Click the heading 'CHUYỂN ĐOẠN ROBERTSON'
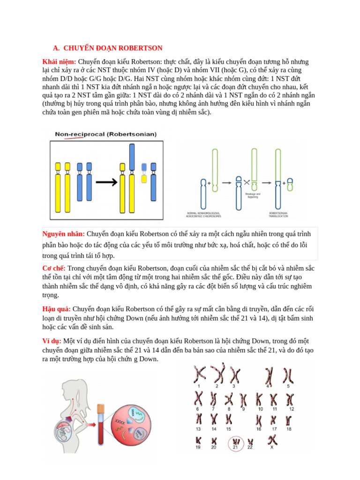pyautogui.click(x=113, y=48)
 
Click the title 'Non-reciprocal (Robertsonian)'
pyautogui.click(x=106, y=134)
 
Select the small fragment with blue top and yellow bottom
pyautogui.click(x=144, y=172)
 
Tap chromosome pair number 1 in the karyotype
pyautogui.click(x=199, y=374)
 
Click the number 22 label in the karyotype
pyautogui.click(x=250, y=448)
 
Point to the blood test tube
pyautogui.click(x=100, y=424)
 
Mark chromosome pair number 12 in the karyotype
pyautogui.click(x=291, y=399)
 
